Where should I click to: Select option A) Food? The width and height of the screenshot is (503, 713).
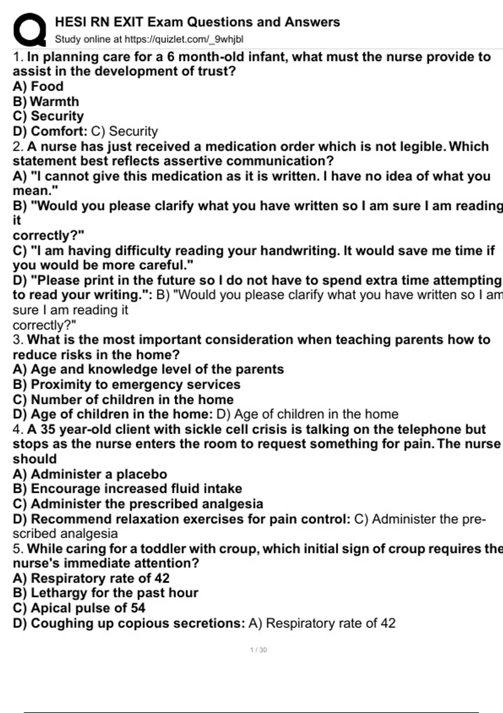click(38, 86)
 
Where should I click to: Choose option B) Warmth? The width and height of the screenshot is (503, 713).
click(46, 101)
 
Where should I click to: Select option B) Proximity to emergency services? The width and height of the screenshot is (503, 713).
click(127, 384)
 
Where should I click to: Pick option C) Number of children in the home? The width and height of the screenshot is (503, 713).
click(123, 399)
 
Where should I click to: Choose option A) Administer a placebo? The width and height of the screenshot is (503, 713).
click(90, 474)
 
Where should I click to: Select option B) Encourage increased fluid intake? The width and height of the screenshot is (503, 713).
click(127, 489)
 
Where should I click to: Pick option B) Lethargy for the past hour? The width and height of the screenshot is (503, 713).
click(106, 593)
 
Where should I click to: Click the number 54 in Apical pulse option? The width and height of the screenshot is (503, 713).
click(137, 608)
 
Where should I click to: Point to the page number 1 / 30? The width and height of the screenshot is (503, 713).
click(258, 650)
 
